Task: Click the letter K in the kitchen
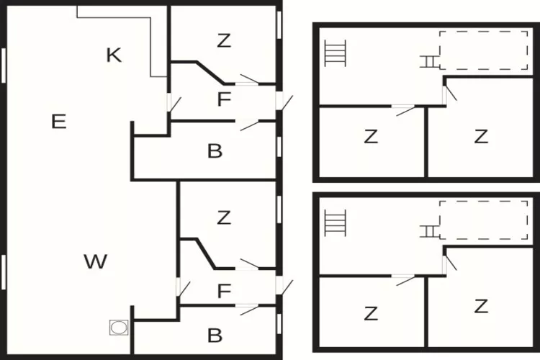pos(114,55)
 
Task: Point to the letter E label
pos(58,122)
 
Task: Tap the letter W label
pos(95,261)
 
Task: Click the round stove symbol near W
pos(119,328)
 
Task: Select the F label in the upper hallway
pos(224,99)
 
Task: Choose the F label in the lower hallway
pos(224,291)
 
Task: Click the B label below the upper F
pos(215,151)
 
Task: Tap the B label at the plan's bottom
pos(215,336)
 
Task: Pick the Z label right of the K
pos(224,40)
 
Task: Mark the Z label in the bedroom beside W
pos(224,217)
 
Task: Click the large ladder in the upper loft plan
pos(335,53)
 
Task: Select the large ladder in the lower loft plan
pos(335,223)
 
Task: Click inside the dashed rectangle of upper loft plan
pos(484,50)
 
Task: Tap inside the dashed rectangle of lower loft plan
pos(484,220)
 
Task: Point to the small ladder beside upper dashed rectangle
pos(429,62)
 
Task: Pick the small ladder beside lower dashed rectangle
pos(429,231)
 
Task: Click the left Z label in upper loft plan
pos(371,136)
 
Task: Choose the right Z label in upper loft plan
pos(481,136)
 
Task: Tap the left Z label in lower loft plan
pos(371,313)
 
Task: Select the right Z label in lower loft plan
pos(481,306)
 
